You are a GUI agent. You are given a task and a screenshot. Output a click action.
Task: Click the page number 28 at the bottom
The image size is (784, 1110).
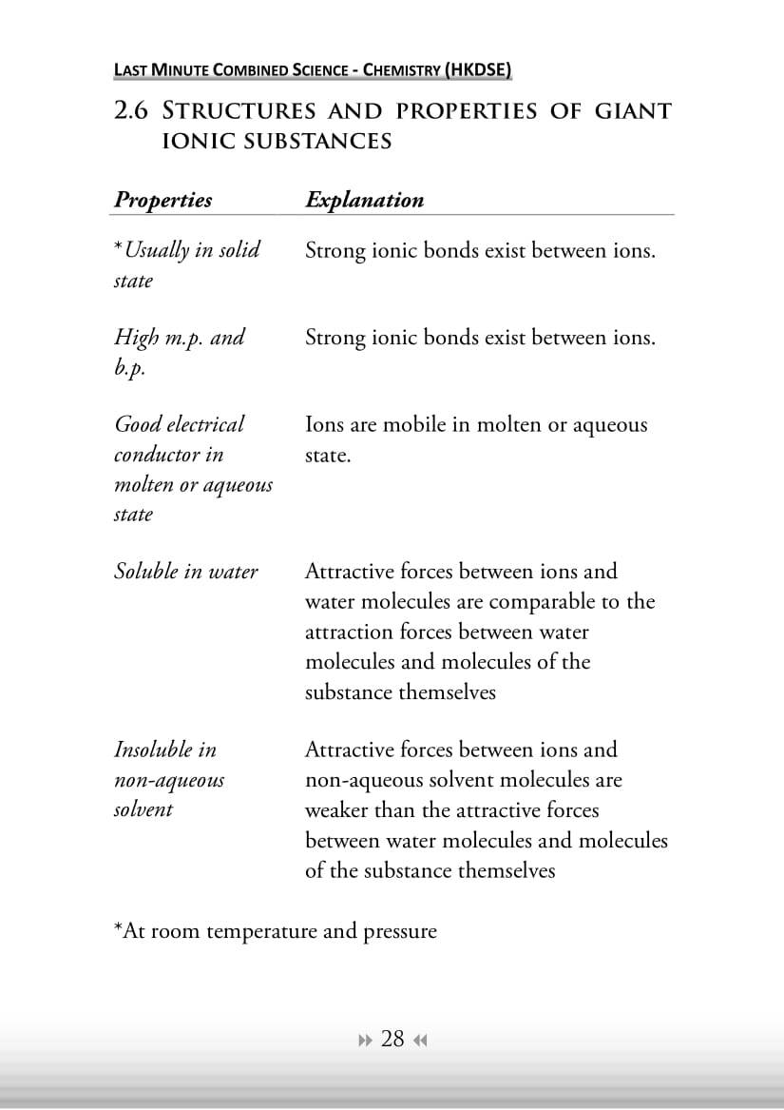392,1039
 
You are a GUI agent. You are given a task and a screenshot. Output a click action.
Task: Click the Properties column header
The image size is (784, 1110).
163,200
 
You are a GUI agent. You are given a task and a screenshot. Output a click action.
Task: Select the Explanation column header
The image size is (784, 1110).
364,200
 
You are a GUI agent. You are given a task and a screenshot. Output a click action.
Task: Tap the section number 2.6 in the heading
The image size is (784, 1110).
131,110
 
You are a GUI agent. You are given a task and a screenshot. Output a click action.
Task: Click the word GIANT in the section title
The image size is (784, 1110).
633,110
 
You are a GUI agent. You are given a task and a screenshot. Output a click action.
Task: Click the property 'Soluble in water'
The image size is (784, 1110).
185,572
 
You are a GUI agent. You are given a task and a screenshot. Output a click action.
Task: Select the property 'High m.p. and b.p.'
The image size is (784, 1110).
179,352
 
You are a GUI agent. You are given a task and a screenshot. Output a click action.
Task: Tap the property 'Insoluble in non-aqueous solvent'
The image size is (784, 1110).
169,779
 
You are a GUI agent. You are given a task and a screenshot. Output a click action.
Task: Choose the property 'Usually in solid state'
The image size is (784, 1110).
186,264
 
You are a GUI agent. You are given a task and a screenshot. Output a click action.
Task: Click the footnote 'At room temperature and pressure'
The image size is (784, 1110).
276,930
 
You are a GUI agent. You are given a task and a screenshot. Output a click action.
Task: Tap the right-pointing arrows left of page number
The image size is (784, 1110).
364,1040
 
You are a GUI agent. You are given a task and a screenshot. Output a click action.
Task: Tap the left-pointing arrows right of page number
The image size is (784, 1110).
419,1040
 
